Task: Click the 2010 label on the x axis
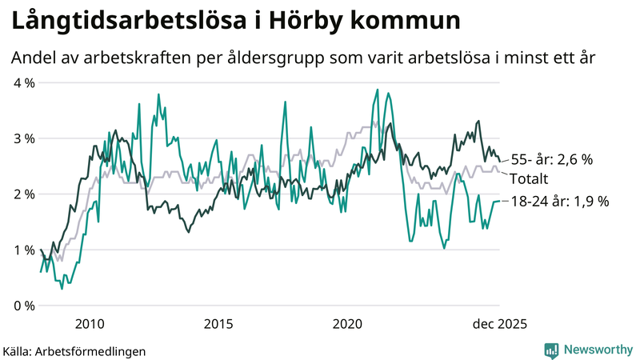click(89, 324)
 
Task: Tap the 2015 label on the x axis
click(218, 324)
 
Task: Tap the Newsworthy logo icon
click(551, 350)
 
